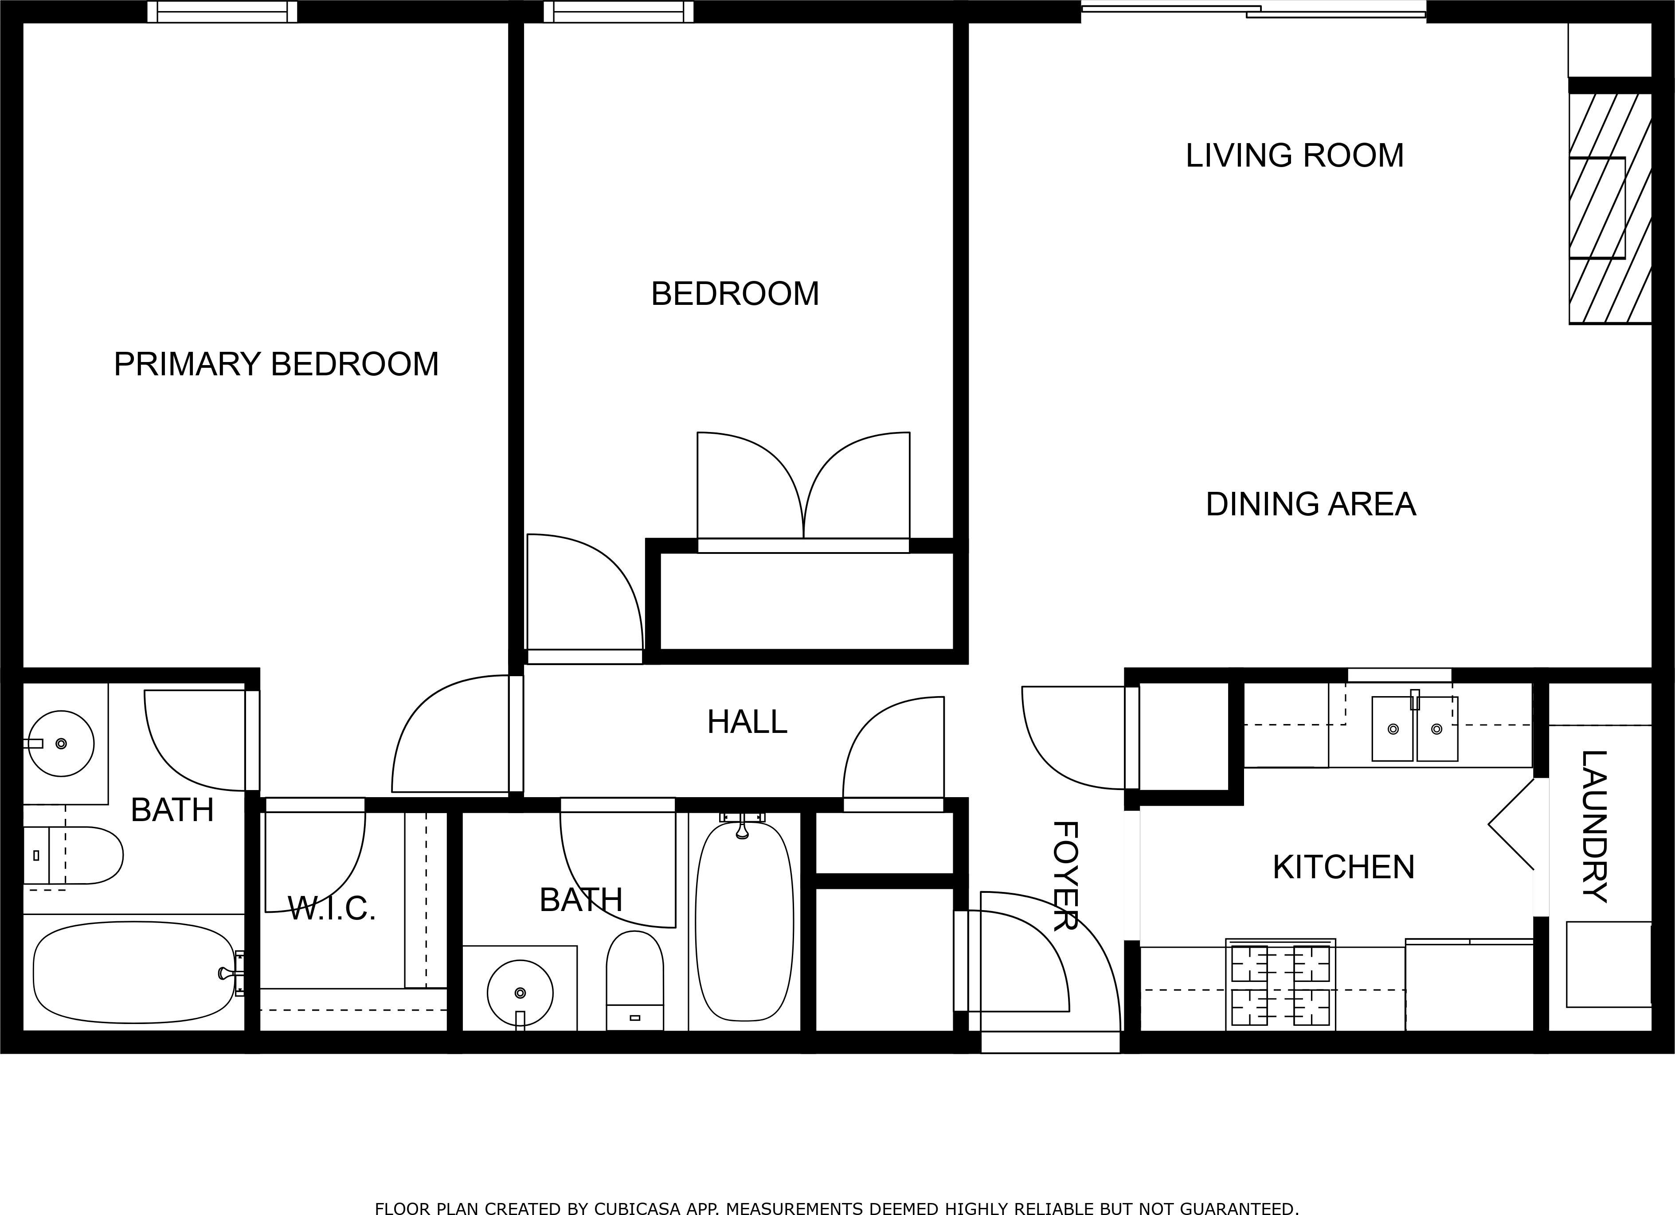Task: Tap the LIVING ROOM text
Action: point(1295,156)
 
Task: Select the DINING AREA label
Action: point(1311,505)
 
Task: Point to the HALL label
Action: point(747,722)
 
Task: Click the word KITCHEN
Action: point(1343,867)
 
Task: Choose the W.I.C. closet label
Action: point(332,909)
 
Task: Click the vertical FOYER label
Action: point(1064,876)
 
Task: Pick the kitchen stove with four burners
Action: point(1280,985)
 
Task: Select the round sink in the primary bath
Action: point(61,744)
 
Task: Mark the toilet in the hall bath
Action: point(634,980)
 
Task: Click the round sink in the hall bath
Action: point(520,993)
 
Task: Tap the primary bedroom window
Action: point(222,12)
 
